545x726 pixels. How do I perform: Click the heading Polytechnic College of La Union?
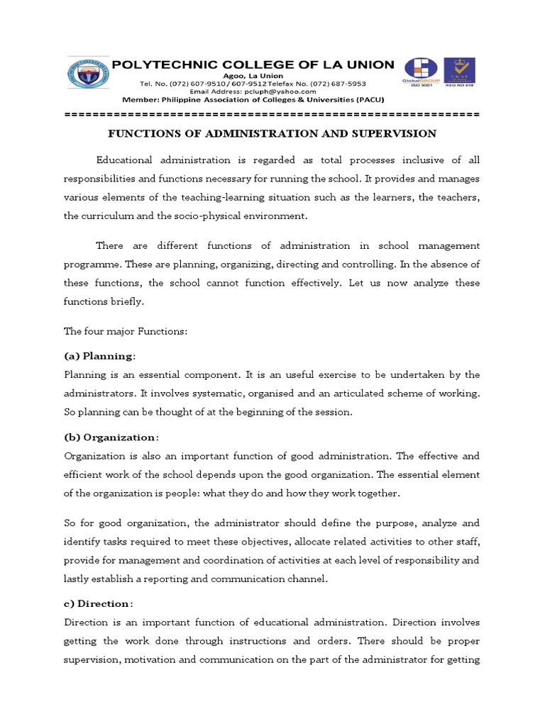tap(253, 65)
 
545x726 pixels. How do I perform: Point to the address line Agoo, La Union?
tap(253, 76)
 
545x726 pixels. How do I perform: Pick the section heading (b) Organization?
tap(111, 437)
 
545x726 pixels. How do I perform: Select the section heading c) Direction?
tap(98, 603)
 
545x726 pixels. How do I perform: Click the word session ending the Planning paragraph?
tap(333, 412)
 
